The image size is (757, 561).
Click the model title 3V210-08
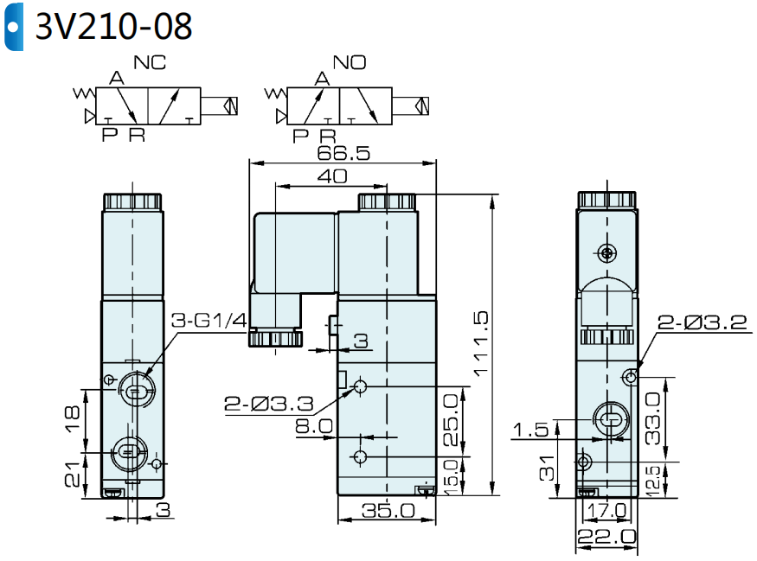point(112,27)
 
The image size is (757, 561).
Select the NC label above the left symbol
point(150,62)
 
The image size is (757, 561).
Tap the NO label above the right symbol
point(350,62)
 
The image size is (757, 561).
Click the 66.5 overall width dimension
point(343,153)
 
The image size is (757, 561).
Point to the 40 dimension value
point(332,176)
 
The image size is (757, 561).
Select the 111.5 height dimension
point(481,344)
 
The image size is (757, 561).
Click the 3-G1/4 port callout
point(208,322)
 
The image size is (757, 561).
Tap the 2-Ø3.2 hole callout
point(701,323)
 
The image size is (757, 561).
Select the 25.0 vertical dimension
point(451,419)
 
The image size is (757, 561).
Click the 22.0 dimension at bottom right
point(606,537)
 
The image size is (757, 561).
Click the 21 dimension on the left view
point(73,474)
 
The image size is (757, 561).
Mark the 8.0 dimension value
point(313,425)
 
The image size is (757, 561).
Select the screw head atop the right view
point(606,253)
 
